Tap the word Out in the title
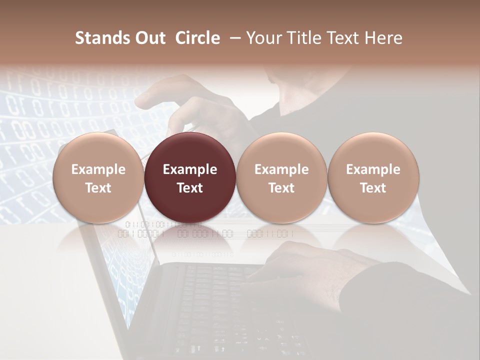click(x=148, y=38)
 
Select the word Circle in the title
click(x=197, y=38)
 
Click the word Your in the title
click(x=262, y=38)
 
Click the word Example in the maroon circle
click(x=190, y=169)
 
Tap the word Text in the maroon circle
click(x=190, y=188)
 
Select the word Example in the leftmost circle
click(x=98, y=169)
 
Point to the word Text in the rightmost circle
click(x=373, y=188)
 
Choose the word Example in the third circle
click(x=281, y=169)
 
